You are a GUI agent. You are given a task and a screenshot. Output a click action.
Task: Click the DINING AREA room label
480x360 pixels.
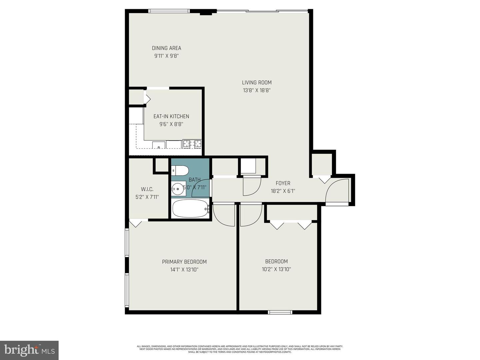(x=166, y=48)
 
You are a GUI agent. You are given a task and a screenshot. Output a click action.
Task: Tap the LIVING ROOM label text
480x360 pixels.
(x=257, y=82)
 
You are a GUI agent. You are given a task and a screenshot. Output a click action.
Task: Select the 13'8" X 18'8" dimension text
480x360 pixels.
(x=257, y=90)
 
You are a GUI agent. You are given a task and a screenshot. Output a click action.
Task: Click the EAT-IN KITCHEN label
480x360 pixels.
(x=171, y=116)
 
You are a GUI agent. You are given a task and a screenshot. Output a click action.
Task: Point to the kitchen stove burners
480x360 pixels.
(x=192, y=144)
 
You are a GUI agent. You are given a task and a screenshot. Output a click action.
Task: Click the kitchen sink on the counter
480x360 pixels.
(x=159, y=145)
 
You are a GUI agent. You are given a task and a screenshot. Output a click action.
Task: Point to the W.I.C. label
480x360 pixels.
(x=147, y=189)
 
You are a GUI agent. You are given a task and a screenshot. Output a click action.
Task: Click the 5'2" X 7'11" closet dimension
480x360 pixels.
(x=147, y=197)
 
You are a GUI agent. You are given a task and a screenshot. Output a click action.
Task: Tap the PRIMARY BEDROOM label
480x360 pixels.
(x=184, y=262)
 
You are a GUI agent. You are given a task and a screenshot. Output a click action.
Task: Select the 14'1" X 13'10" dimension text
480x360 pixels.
(x=184, y=270)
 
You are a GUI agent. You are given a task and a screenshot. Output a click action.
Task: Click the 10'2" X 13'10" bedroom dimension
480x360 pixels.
(x=276, y=269)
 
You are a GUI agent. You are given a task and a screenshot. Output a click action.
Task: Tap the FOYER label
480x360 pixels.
(x=283, y=183)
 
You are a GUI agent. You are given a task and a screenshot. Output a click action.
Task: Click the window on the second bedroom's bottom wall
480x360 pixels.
(x=280, y=312)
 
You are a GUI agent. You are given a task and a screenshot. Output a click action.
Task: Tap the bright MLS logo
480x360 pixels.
(x=29, y=350)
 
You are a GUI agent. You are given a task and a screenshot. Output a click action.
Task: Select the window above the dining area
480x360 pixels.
(x=169, y=11)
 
